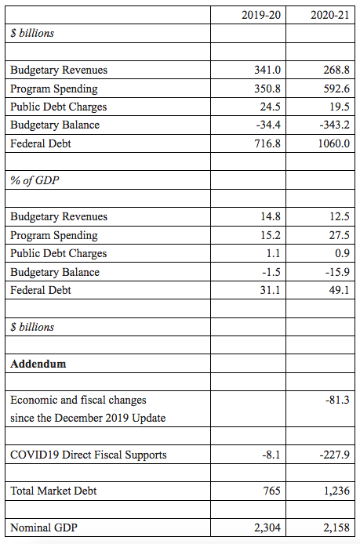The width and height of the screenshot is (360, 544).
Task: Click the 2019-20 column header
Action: pyautogui.click(x=261, y=15)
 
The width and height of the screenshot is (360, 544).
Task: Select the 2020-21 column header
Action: pyautogui.click(x=329, y=15)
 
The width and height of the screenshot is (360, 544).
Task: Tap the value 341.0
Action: pyautogui.click(x=267, y=70)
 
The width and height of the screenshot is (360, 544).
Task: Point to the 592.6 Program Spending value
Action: pyautogui.click(x=336, y=89)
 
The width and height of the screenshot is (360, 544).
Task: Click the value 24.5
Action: pyautogui.click(x=270, y=107)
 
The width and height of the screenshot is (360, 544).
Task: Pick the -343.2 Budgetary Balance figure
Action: pyautogui.click(x=334, y=125)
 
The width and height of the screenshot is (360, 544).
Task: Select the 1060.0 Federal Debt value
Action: pyautogui.click(x=334, y=143)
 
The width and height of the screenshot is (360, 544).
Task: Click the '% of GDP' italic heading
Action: pyautogui.click(x=35, y=180)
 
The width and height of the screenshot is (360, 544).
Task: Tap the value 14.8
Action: pyautogui.click(x=271, y=216)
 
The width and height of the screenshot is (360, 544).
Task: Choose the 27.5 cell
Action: pyautogui.click(x=339, y=235)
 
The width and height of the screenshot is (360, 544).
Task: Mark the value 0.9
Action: pyautogui.click(x=342, y=253)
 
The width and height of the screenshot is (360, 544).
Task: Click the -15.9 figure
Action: pyautogui.click(x=337, y=272)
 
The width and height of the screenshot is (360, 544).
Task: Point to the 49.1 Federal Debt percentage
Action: pyautogui.click(x=339, y=290)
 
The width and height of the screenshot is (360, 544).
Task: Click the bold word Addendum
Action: pyautogui.click(x=38, y=364)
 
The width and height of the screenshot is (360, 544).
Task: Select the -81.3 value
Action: pyautogui.click(x=337, y=400)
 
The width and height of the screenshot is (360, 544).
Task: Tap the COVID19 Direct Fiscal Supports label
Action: pyautogui.click(x=89, y=455)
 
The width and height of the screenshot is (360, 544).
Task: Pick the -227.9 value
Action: pyautogui.click(x=334, y=455)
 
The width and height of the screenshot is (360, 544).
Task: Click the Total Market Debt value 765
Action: pyautogui.click(x=271, y=491)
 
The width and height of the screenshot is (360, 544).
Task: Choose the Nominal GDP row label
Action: pyautogui.click(x=44, y=528)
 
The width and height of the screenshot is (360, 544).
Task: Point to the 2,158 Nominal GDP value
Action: pyautogui.click(x=336, y=528)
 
